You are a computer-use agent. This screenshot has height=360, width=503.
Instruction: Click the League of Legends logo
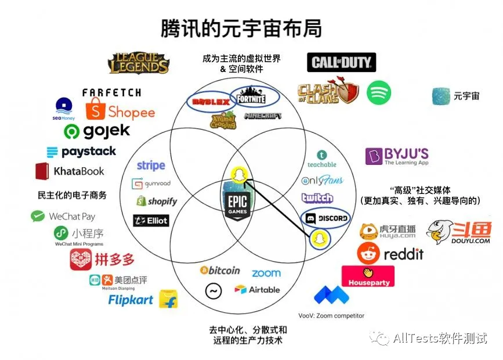[139, 63]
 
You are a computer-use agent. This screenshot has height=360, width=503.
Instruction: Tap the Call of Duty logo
[341, 63]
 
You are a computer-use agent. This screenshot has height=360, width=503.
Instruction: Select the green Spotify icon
[379, 92]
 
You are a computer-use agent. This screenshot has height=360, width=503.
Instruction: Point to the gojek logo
[97, 131]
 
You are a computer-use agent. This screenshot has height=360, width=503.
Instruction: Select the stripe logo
[151, 165]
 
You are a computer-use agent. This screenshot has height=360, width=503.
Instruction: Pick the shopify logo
[156, 201]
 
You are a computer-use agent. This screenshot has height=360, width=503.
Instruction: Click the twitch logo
[317, 198]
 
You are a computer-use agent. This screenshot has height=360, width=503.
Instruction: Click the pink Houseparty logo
[368, 276]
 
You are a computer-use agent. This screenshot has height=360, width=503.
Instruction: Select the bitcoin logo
[220, 271]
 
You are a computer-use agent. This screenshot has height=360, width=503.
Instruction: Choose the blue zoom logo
[266, 272]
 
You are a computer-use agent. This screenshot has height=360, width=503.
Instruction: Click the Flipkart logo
[143, 300]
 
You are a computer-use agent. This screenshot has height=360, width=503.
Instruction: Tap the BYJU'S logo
[397, 156]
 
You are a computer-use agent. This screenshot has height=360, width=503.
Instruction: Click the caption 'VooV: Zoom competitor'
[331, 315]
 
